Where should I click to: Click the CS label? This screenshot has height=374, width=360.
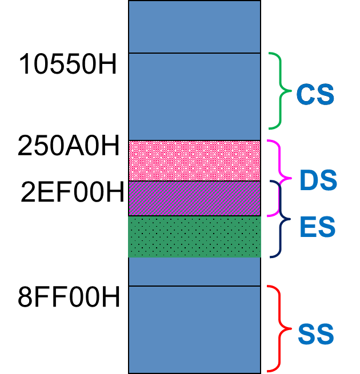click(x=315, y=95)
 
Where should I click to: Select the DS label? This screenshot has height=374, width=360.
click(x=318, y=181)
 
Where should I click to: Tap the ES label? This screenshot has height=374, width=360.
click(x=317, y=227)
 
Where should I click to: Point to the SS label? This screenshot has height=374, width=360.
click(x=315, y=335)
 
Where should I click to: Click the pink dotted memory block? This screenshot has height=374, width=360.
click(x=194, y=160)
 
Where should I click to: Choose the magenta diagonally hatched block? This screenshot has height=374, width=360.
click(x=194, y=198)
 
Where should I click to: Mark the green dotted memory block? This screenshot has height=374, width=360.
click(x=194, y=236)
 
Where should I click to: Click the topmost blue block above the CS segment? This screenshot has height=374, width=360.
click(x=194, y=26)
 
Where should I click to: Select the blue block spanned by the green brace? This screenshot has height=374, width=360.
click(x=194, y=96)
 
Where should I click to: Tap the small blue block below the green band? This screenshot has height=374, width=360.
click(x=194, y=271)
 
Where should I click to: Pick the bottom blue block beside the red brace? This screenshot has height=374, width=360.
click(x=194, y=329)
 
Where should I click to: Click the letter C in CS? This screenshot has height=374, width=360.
click(x=306, y=95)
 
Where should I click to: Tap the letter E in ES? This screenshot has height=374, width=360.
click(x=308, y=227)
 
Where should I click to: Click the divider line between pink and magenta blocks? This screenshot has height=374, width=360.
click(x=194, y=181)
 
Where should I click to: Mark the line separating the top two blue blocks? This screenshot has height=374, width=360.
click(x=194, y=53)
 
